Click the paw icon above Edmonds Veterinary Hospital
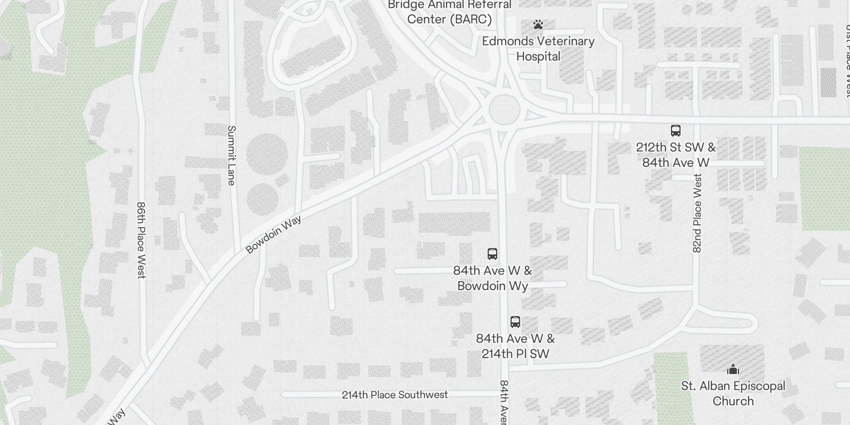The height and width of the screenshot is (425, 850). [x=538, y=24]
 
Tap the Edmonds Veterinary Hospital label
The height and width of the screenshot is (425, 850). [x=538, y=48]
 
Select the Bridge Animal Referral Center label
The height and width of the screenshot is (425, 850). [x=449, y=12]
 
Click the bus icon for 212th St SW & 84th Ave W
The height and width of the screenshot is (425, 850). [x=675, y=131]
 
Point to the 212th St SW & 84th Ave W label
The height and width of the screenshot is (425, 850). [x=675, y=155]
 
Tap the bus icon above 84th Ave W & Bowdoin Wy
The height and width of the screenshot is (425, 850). [x=492, y=254]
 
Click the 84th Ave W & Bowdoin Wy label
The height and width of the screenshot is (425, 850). [x=492, y=278]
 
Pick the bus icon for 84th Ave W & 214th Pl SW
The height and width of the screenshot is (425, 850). [x=515, y=322]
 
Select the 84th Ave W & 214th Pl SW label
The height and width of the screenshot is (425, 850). [x=515, y=346]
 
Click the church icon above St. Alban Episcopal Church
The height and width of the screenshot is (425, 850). [x=733, y=369]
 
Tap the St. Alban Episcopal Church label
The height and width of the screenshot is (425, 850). [x=733, y=393]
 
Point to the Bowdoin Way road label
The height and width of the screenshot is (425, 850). [x=274, y=234]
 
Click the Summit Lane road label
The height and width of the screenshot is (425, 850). [x=231, y=155]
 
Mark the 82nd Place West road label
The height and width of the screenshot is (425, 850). [x=697, y=212]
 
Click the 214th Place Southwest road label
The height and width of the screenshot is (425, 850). [x=395, y=395]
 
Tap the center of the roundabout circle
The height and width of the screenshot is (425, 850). [x=504, y=109]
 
